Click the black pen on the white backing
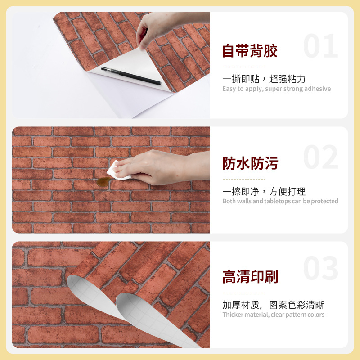pyautogui.click(x=131, y=76)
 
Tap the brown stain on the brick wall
pyautogui.click(x=103, y=182)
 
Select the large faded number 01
pyautogui.click(x=321, y=46)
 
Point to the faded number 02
pyautogui.click(x=321, y=157)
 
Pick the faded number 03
pyautogui.click(x=321, y=268)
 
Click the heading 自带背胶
pyautogui.click(x=250, y=51)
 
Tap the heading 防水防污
pyautogui.click(x=250, y=163)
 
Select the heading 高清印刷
pyautogui.click(x=250, y=276)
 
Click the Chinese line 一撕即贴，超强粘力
pyautogui.click(x=264, y=79)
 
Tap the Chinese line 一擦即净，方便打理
pyautogui.click(x=264, y=192)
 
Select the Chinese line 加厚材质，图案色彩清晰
pyautogui.click(x=273, y=305)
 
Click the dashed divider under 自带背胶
pyautogui.click(x=244, y=67)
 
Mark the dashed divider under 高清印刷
pyautogui.click(x=244, y=293)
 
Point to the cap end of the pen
pyautogui.click(x=103, y=69)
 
